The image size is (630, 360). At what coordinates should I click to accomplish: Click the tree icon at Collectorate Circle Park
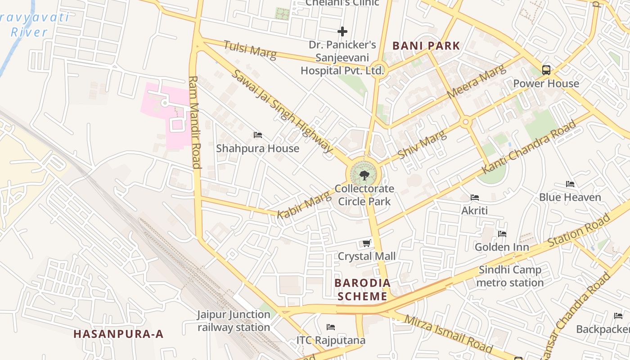tap(364, 175)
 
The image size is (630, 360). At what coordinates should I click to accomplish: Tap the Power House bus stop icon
tap(546, 70)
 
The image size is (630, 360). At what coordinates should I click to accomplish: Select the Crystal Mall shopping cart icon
tap(366, 243)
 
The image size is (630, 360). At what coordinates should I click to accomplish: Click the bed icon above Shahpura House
tap(258, 135)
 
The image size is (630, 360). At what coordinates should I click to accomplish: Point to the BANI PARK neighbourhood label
tap(426, 45)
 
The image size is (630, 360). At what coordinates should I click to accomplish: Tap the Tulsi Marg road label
tap(250, 49)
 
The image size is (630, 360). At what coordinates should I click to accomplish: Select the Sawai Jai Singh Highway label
tap(283, 111)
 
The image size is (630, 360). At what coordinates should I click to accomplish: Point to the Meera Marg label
tap(476, 82)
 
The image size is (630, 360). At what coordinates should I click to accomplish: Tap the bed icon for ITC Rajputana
tap(331, 327)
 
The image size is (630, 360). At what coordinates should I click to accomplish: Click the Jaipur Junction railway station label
tap(234, 321)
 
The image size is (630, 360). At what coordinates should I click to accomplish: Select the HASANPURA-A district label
tap(118, 334)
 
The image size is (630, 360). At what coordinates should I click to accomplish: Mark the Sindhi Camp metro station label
tap(510, 276)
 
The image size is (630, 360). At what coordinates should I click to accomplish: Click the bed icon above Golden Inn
tap(502, 234)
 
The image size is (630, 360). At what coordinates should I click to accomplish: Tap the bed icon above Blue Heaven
tap(570, 184)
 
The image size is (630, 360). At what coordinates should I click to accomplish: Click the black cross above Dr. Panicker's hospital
tap(342, 31)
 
